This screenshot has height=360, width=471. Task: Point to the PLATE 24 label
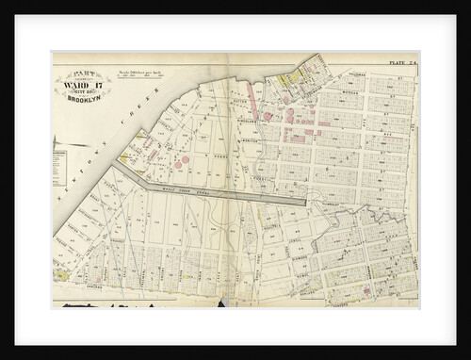(402, 63)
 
